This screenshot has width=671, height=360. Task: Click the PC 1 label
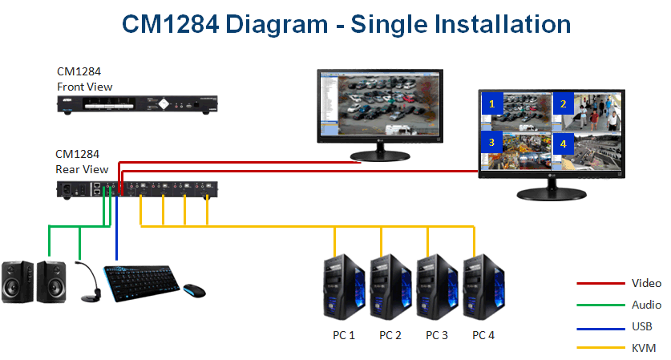[x=343, y=335]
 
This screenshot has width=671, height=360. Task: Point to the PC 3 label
[x=437, y=335]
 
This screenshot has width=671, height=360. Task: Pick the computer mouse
[x=193, y=289]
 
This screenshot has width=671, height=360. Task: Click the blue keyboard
[x=140, y=281]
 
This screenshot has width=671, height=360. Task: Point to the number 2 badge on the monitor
[x=563, y=103]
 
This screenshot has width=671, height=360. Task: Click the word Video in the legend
[x=646, y=283]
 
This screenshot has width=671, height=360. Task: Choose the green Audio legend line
[x=600, y=305]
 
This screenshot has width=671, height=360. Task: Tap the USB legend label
[x=641, y=326]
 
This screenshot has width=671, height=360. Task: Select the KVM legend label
[x=644, y=348]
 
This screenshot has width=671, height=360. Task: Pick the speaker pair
[x=34, y=281]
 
